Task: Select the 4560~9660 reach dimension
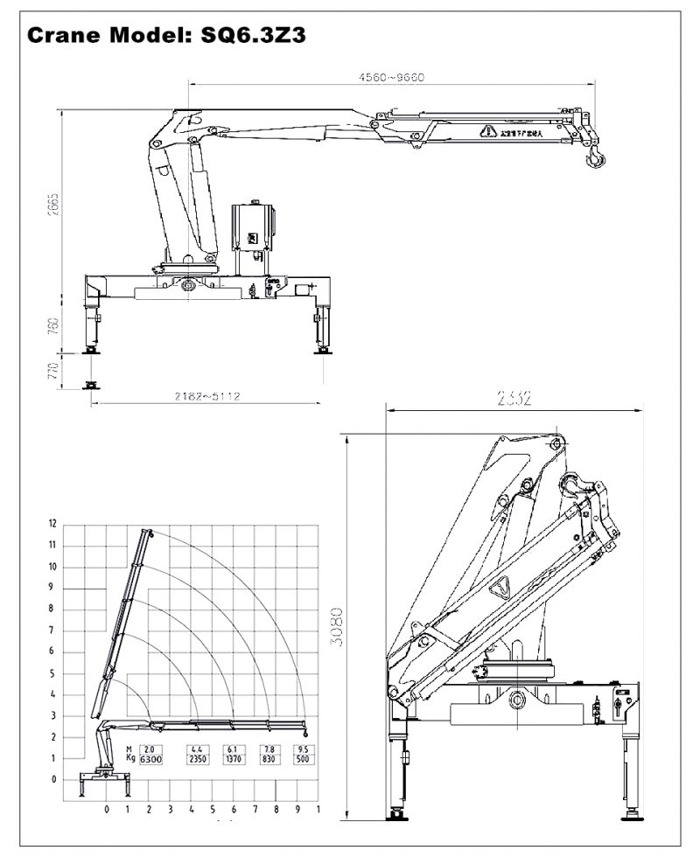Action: (391, 77)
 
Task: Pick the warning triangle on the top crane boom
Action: (486, 132)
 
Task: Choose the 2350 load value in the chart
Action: (195, 760)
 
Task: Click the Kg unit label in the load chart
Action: (129, 760)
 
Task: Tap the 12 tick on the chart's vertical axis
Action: (52, 524)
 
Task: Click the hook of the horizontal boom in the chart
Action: (305, 732)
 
